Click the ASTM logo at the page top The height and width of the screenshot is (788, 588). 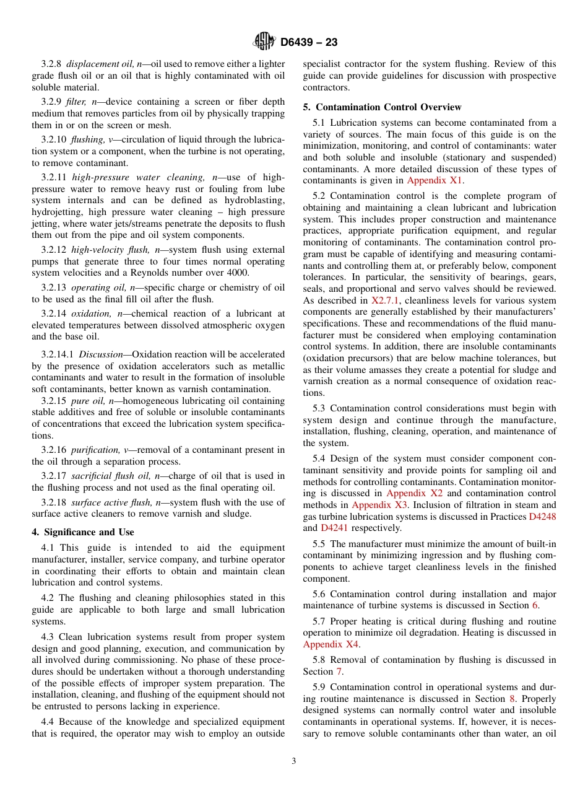click(264, 42)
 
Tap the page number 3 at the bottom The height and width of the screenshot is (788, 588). click(294, 761)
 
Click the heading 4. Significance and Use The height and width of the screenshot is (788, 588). click(83, 532)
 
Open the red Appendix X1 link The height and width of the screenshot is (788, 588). click(435, 180)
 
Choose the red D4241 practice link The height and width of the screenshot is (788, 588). click(334, 528)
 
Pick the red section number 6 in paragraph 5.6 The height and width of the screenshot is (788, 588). click(535, 605)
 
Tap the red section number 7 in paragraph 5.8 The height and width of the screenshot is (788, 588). click(339, 672)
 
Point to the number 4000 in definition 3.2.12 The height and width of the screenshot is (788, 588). click(238, 273)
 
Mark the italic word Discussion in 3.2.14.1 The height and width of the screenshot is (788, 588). click(101, 354)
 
